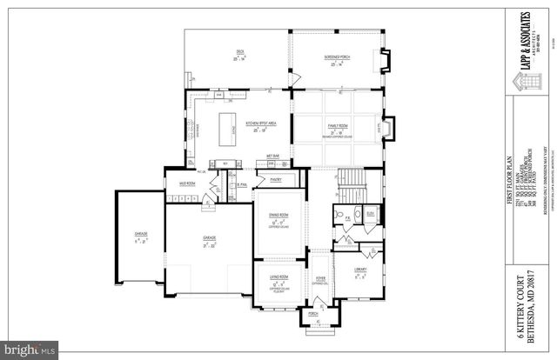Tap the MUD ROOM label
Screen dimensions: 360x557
click(187, 184)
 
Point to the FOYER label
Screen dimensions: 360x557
click(320, 278)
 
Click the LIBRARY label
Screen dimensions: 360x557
click(360, 270)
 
